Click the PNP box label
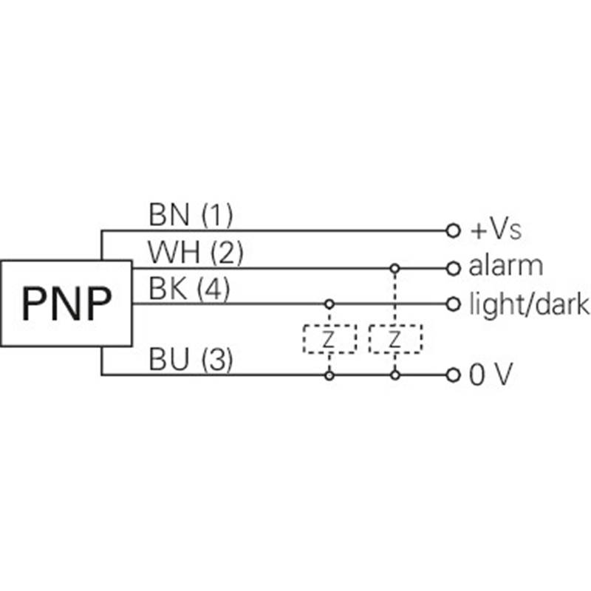(x=66, y=303)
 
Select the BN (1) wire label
(x=191, y=216)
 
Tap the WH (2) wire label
(x=196, y=253)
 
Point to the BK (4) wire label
(x=189, y=289)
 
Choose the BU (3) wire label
(x=191, y=361)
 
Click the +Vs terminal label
(x=496, y=230)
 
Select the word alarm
(x=506, y=266)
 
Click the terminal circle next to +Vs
(x=453, y=230)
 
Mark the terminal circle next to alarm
(x=453, y=267)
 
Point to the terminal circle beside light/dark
(x=453, y=303)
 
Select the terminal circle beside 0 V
(x=453, y=375)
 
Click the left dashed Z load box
(x=329, y=339)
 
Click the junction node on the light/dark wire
(x=329, y=303)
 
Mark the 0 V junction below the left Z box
(x=329, y=375)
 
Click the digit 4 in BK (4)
(x=213, y=290)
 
